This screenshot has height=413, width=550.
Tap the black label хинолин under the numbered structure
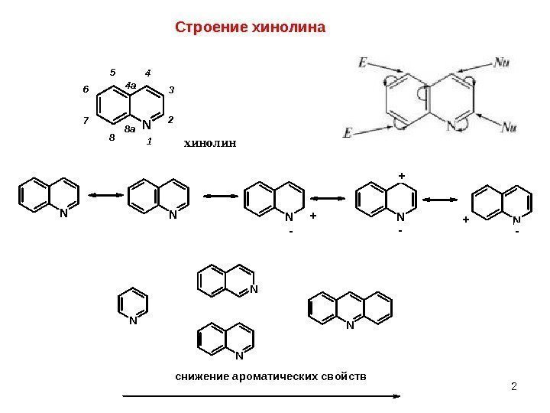211,142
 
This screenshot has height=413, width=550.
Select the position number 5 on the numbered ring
112,73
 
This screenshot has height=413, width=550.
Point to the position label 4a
131,85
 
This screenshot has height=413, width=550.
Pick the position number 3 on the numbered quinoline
172,90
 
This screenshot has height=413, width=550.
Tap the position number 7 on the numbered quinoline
86,121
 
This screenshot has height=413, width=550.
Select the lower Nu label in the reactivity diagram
513,126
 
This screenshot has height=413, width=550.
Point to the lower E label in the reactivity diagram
348,132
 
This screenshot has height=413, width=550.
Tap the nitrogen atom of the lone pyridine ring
132,321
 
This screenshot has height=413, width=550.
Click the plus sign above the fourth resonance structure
401,176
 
